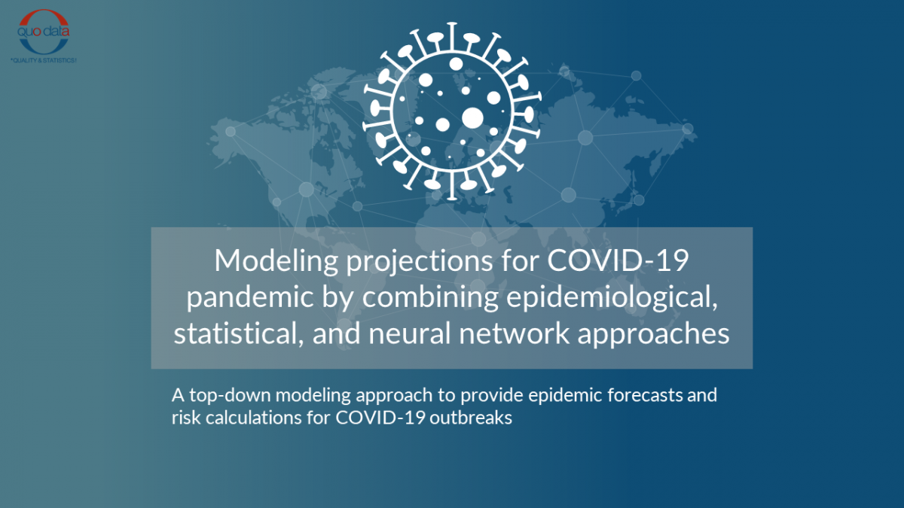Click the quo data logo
[44, 32]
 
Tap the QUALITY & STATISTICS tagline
[44, 60]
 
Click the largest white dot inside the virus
[472, 118]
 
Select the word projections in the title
[420, 262]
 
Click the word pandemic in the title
[250, 297]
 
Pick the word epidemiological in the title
[612, 297]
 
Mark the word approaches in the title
[653, 335]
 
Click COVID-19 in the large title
[618, 260]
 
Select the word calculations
[254, 417]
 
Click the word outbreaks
[471, 417]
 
